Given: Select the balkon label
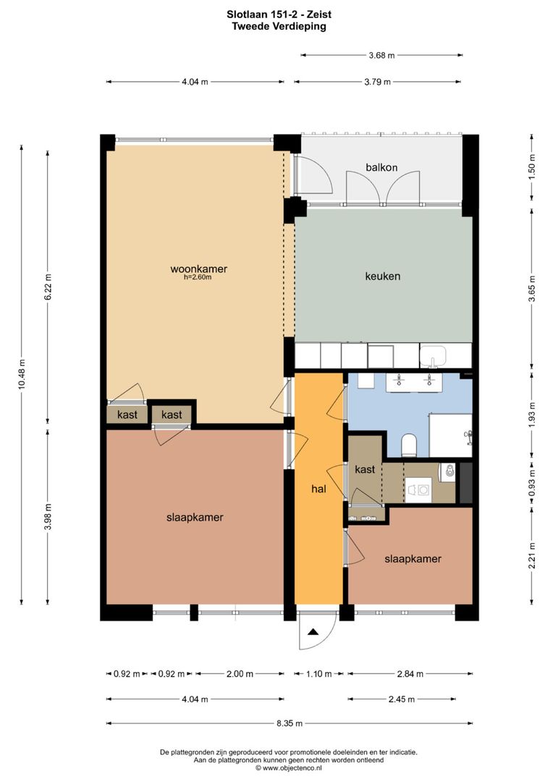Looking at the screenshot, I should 381,167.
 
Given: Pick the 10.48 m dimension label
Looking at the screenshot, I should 22,374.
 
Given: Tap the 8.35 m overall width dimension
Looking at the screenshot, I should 289,723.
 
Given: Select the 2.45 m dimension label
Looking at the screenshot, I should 401,699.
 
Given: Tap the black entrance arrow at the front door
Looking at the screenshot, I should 313,633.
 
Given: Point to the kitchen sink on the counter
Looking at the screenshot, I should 436,357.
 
